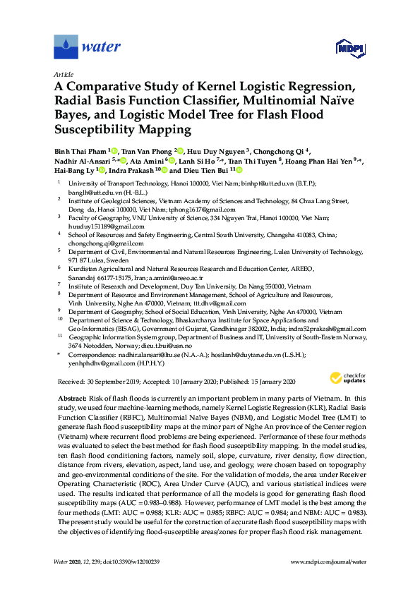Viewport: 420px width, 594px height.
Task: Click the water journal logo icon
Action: pos(66,47)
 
